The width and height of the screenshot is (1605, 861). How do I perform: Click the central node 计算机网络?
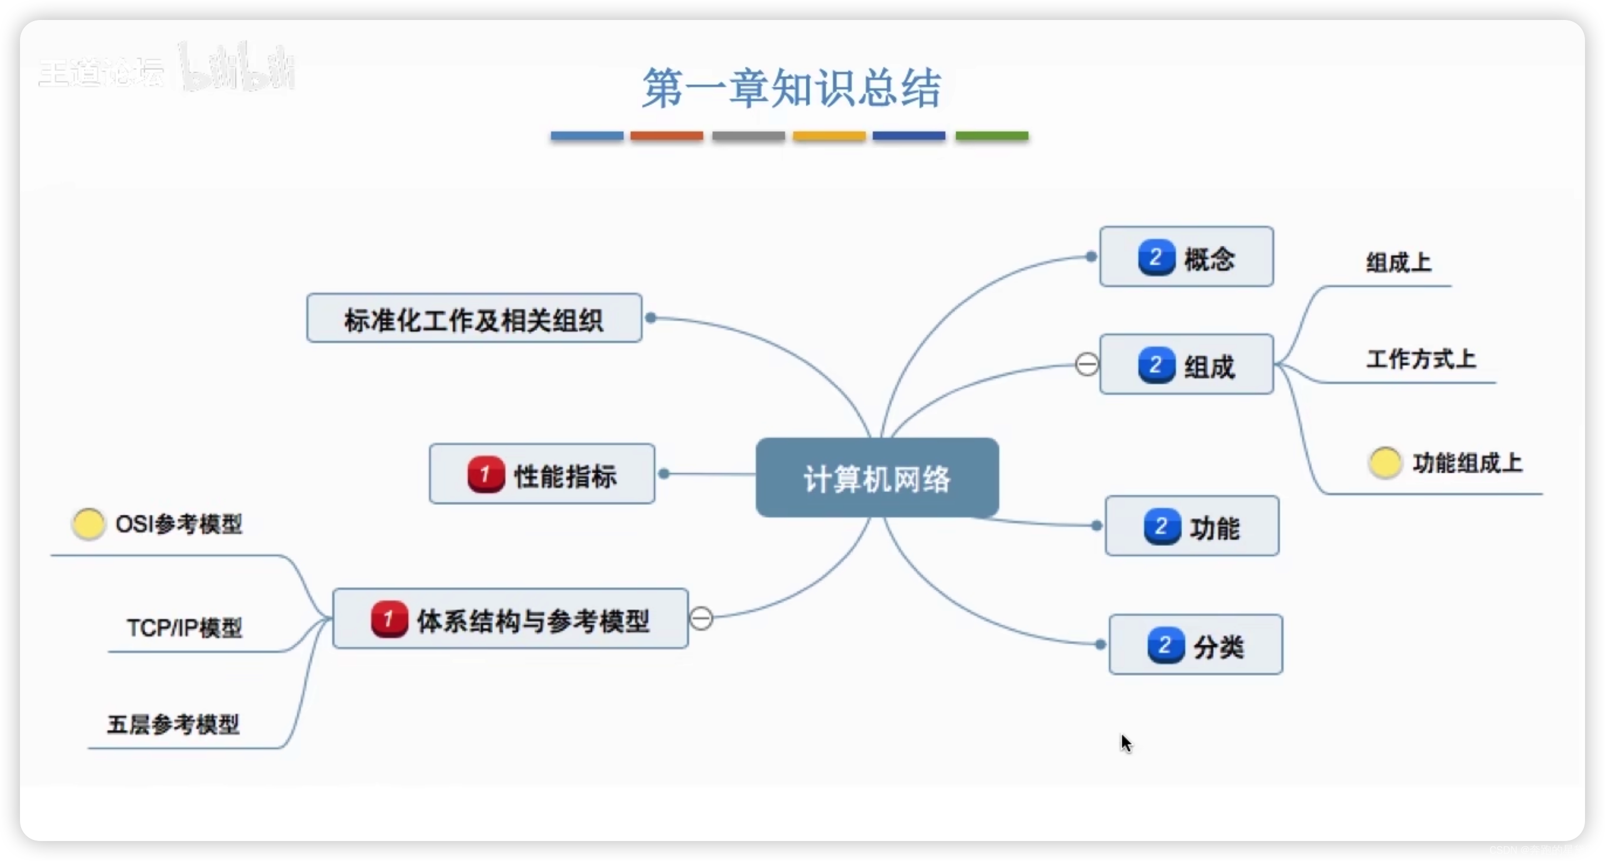click(x=877, y=478)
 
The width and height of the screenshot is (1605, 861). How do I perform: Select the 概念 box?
click(x=1187, y=257)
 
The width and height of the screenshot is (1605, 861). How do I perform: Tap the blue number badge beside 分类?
click(x=1165, y=645)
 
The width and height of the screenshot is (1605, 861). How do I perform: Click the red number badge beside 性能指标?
click(x=486, y=475)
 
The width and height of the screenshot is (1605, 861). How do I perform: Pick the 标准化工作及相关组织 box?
click(x=474, y=318)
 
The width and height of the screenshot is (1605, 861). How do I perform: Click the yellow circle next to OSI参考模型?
click(x=88, y=524)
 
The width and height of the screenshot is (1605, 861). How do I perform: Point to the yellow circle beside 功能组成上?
click(x=1385, y=462)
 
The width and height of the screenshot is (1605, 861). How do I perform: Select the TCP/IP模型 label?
click(x=184, y=627)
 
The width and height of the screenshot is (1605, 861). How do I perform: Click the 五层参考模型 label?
click(x=173, y=724)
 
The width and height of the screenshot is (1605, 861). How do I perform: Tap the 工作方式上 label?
click(x=1421, y=359)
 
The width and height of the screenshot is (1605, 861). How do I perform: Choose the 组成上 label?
click(x=1398, y=262)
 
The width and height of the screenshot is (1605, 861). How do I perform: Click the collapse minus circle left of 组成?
click(x=1087, y=364)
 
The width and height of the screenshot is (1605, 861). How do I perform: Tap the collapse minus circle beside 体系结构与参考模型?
click(x=701, y=619)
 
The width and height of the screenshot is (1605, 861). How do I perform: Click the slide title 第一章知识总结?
click(x=791, y=88)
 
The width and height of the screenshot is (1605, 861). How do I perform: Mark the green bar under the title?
click(x=991, y=136)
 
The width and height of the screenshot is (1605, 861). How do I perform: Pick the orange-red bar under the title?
click(x=666, y=136)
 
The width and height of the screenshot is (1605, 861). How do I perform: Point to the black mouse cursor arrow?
click(x=1125, y=743)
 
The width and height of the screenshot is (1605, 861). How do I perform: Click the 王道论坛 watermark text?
click(x=101, y=73)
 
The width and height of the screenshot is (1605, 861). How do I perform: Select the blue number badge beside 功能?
click(x=1162, y=526)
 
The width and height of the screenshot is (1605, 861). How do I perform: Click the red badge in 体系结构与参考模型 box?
click(x=390, y=619)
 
